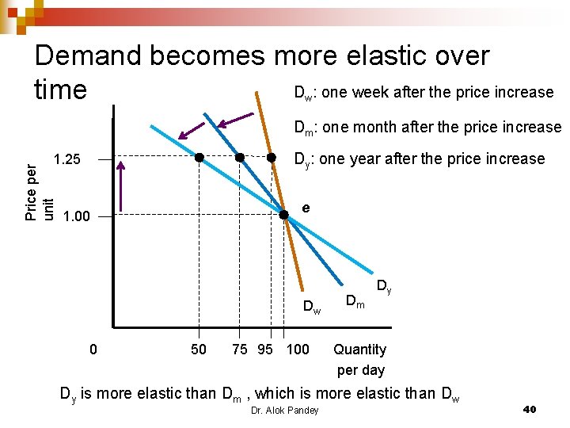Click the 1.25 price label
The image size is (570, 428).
(x=67, y=159)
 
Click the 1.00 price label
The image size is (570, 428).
(x=76, y=216)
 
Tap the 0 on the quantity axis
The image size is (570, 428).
(x=93, y=349)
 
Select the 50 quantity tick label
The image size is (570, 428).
(x=199, y=349)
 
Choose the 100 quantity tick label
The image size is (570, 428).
(x=298, y=349)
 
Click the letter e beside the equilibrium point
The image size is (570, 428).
(x=306, y=208)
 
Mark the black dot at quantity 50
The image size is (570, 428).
(x=200, y=158)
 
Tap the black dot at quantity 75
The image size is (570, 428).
(x=241, y=158)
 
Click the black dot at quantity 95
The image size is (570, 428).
(x=271, y=158)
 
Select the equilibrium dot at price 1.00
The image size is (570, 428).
(x=284, y=214)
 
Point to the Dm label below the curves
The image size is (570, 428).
(x=355, y=300)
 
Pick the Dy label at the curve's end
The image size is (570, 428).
(x=383, y=285)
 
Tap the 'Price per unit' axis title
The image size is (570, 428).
(x=39, y=193)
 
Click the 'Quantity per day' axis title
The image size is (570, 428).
(x=359, y=359)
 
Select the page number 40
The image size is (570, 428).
(x=530, y=409)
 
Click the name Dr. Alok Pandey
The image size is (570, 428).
(x=284, y=410)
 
